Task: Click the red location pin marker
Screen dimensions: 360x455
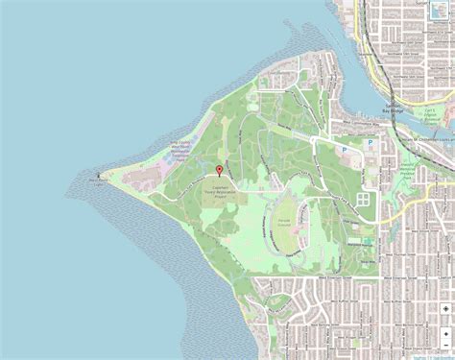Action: point(220,170)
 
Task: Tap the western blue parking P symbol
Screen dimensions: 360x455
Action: point(345,150)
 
